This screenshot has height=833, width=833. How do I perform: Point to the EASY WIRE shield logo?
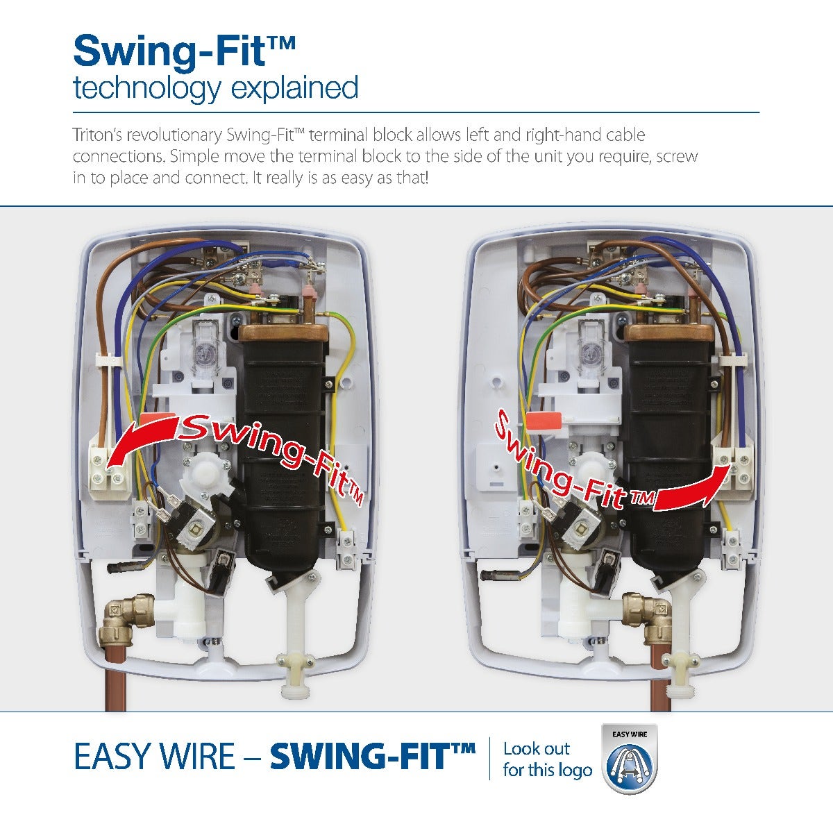point(630,759)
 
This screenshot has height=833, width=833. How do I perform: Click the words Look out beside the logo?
point(537,748)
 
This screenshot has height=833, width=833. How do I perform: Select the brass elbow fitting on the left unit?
point(126,618)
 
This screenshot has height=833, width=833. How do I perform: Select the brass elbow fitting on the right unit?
point(648,618)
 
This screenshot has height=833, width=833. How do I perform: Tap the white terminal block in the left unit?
point(108,473)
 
